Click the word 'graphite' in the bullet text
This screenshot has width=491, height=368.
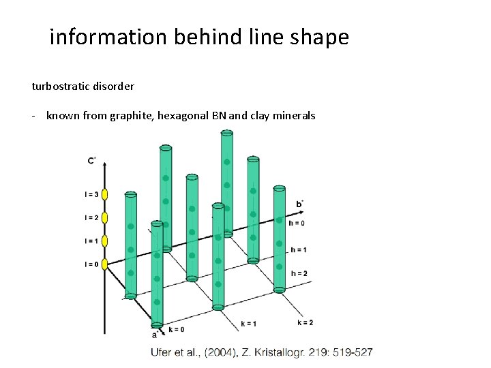134,116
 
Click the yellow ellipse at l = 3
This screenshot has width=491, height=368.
106,195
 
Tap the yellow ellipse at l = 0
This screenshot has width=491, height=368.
106,264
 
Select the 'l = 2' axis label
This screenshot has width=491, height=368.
91,218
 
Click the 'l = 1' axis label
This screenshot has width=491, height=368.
91,241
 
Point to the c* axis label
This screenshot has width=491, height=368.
91,161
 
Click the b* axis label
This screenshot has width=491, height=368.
300,204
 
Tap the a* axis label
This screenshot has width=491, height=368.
155,334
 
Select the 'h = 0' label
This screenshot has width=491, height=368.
297,223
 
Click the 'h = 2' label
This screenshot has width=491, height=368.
299,273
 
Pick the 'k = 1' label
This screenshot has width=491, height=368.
249,323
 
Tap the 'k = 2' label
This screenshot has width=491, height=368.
306,322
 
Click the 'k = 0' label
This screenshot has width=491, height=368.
176,329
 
